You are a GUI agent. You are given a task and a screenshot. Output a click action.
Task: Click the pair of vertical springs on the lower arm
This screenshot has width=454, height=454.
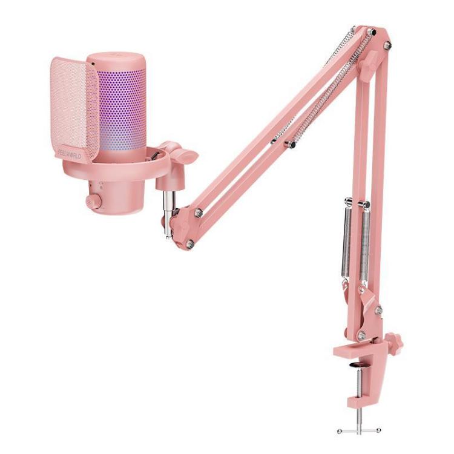click(356, 242)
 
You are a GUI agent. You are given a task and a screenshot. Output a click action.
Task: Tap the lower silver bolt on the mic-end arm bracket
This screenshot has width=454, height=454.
click(189, 243)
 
